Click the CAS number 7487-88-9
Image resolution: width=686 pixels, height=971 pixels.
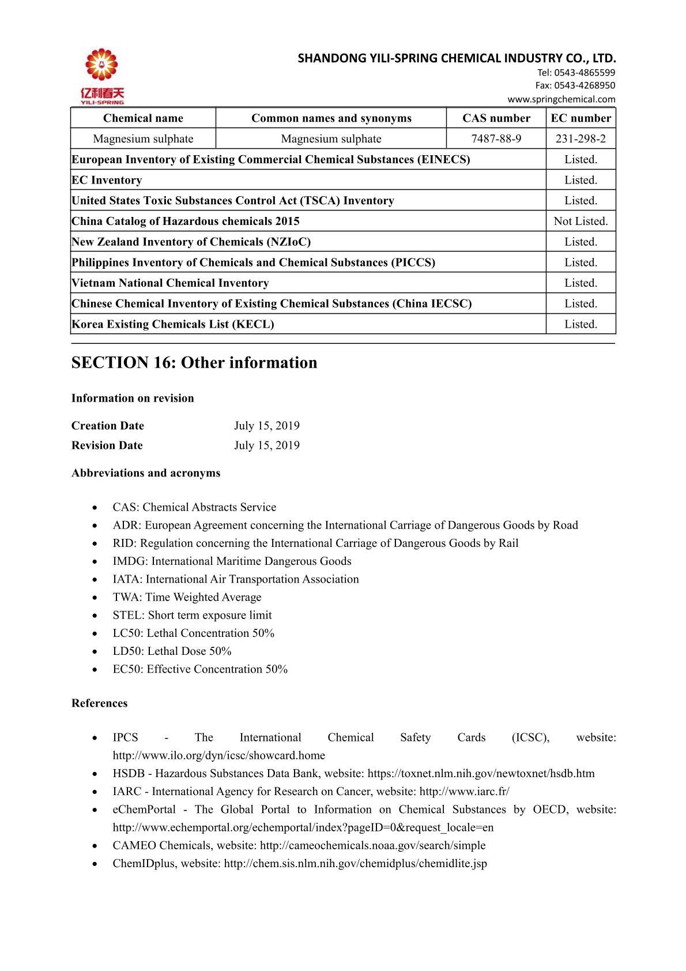click(x=496, y=139)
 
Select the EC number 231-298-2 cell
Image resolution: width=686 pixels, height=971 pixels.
click(x=581, y=139)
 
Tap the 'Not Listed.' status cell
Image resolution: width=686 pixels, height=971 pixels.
click(x=581, y=221)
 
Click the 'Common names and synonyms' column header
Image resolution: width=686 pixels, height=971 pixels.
click(x=331, y=118)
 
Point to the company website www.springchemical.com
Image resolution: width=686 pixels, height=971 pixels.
click(x=561, y=99)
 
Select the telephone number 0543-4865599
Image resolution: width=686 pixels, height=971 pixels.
click(x=584, y=73)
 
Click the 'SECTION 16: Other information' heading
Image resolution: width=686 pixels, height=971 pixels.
click(x=194, y=363)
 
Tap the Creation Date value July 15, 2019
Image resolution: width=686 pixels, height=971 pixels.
click(x=266, y=426)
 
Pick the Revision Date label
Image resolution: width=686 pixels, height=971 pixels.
click(x=107, y=445)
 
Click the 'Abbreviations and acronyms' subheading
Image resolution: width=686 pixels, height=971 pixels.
click(x=146, y=473)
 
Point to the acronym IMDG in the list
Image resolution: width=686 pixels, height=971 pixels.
click(x=129, y=561)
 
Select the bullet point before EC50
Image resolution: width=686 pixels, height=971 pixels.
click(x=95, y=670)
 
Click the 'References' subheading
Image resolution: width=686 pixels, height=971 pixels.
click(x=99, y=703)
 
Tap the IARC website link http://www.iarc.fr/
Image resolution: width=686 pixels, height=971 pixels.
click(x=464, y=792)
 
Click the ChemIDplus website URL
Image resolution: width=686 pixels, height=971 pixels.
click(x=355, y=864)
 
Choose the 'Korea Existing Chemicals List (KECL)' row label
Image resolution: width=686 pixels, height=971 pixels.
click(x=173, y=324)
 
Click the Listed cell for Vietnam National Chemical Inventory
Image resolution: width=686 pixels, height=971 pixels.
click(x=581, y=283)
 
